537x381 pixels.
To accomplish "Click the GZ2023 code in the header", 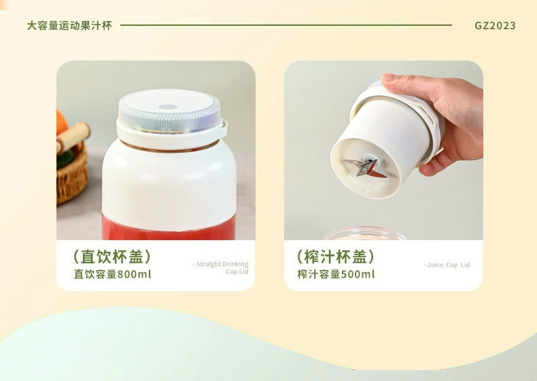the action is tap(495, 25).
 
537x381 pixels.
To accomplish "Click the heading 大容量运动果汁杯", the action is tap(69, 25).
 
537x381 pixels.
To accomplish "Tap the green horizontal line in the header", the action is tap(286, 25).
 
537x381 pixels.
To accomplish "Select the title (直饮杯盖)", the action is tap(112, 256).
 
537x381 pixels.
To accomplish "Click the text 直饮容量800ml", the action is tap(112, 274).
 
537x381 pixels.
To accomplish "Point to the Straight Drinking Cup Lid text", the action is tap(221, 267).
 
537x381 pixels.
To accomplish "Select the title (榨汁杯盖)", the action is tap(336, 256).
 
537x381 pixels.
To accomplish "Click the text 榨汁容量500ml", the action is tap(336, 274).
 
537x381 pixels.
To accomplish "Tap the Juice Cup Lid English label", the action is tap(447, 265).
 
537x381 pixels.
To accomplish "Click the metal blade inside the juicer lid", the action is tap(365, 167).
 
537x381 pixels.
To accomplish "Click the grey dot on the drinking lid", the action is tap(168, 107).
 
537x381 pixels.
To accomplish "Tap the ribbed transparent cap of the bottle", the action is tap(169, 112).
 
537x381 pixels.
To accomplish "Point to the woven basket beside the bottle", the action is tap(72, 175).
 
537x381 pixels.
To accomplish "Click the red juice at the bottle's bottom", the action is tap(169, 227).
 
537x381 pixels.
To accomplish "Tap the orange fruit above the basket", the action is tap(61, 122).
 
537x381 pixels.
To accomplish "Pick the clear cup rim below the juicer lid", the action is tap(364, 234).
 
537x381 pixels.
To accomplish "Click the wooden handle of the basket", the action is tap(73, 137).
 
